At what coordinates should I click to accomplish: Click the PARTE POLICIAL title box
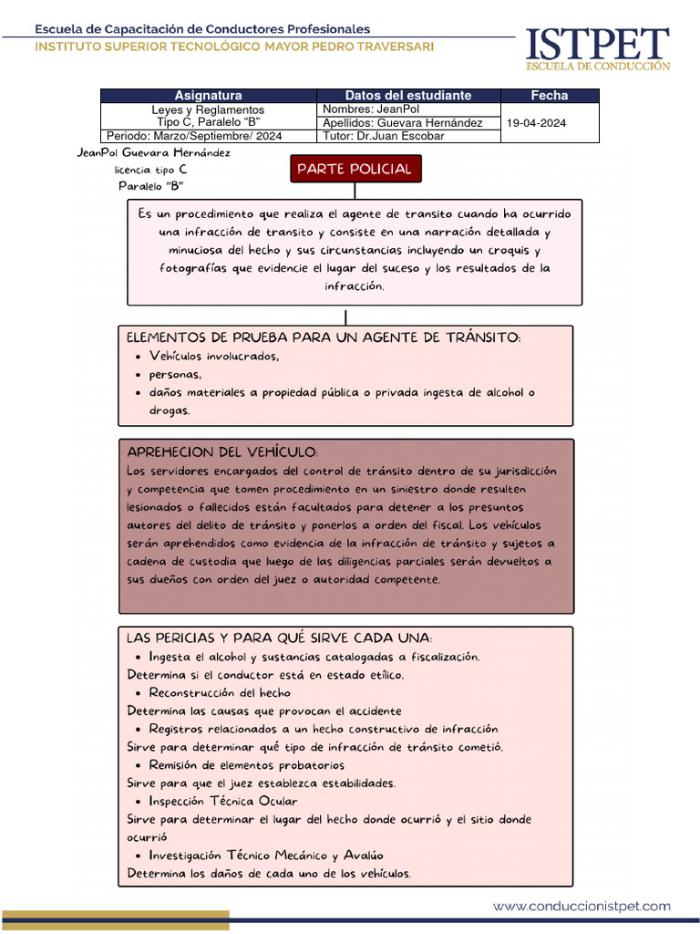tap(355, 169)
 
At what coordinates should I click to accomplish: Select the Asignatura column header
tap(208, 95)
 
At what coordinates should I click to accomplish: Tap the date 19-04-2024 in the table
tap(538, 122)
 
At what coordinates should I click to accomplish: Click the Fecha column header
tap(550, 95)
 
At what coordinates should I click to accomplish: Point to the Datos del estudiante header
tap(408, 95)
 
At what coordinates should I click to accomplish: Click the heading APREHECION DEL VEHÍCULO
tap(222, 452)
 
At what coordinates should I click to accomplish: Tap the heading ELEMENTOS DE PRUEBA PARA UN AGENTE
tap(324, 338)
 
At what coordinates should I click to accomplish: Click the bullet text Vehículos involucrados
tap(214, 357)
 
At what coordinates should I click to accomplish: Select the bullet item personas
tap(175, 375)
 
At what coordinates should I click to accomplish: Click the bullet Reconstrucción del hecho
tap(220, 693)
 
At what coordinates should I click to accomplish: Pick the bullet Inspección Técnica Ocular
tap(223, 802)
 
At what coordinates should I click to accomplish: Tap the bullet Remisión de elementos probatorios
tap(246, 765)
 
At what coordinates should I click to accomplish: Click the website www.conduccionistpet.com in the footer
tap(582, 907)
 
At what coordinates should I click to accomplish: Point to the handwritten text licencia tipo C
tap(150, 170)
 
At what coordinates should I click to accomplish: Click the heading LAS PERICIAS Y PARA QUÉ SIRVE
tap(280, 638)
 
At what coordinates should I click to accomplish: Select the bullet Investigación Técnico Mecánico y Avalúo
tap(266, 856)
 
